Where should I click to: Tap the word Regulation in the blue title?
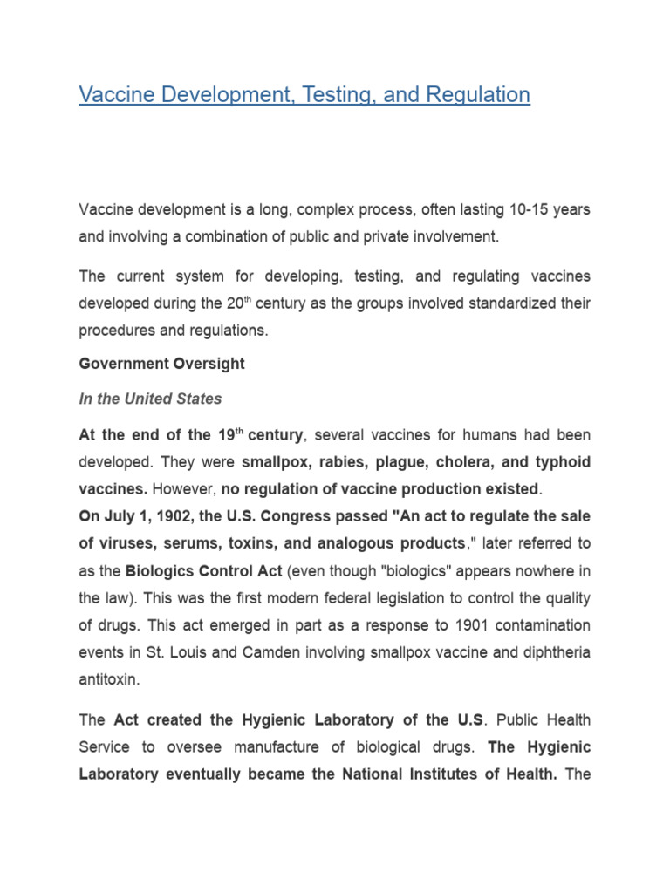[478, 94]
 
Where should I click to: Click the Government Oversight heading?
[161, 364]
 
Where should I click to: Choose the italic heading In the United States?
[150, 399]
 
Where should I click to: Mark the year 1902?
[158, 515]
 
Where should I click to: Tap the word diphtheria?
[554, 651]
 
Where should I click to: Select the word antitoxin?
[108, 678]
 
